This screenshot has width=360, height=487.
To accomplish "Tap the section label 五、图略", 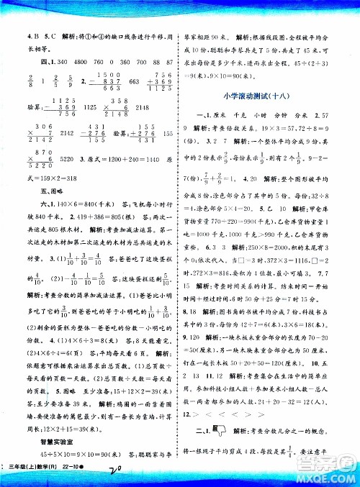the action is tap(30, 211).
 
